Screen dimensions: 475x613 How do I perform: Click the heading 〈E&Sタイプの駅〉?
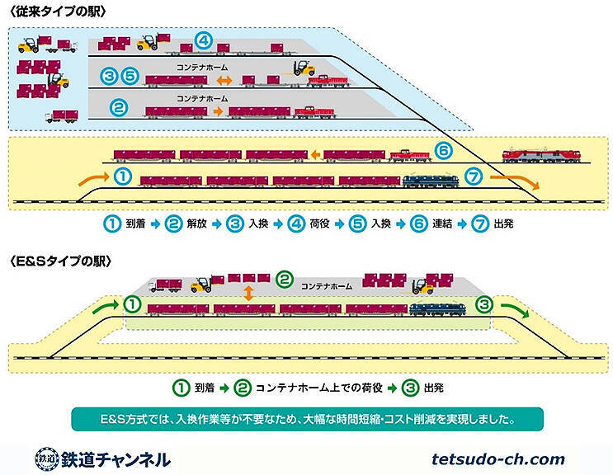pyautogui.click(x=59, y=261)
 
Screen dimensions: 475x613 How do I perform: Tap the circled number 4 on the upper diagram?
pyautogui.click(x=203, y=40)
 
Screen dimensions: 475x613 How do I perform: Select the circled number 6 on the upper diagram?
pyautogui.click(x=443, y=151)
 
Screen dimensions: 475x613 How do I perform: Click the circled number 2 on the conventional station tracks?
pyautogui.click(x=119, y=107)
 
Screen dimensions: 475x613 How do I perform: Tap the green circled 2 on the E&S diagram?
pyautogui.click(x=285, y=280)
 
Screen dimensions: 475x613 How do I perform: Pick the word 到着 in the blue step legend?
pyautogui.click(x=134, y=223)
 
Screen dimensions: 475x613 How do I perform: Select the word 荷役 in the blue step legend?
pyautogui.click(x=309, y=223)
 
